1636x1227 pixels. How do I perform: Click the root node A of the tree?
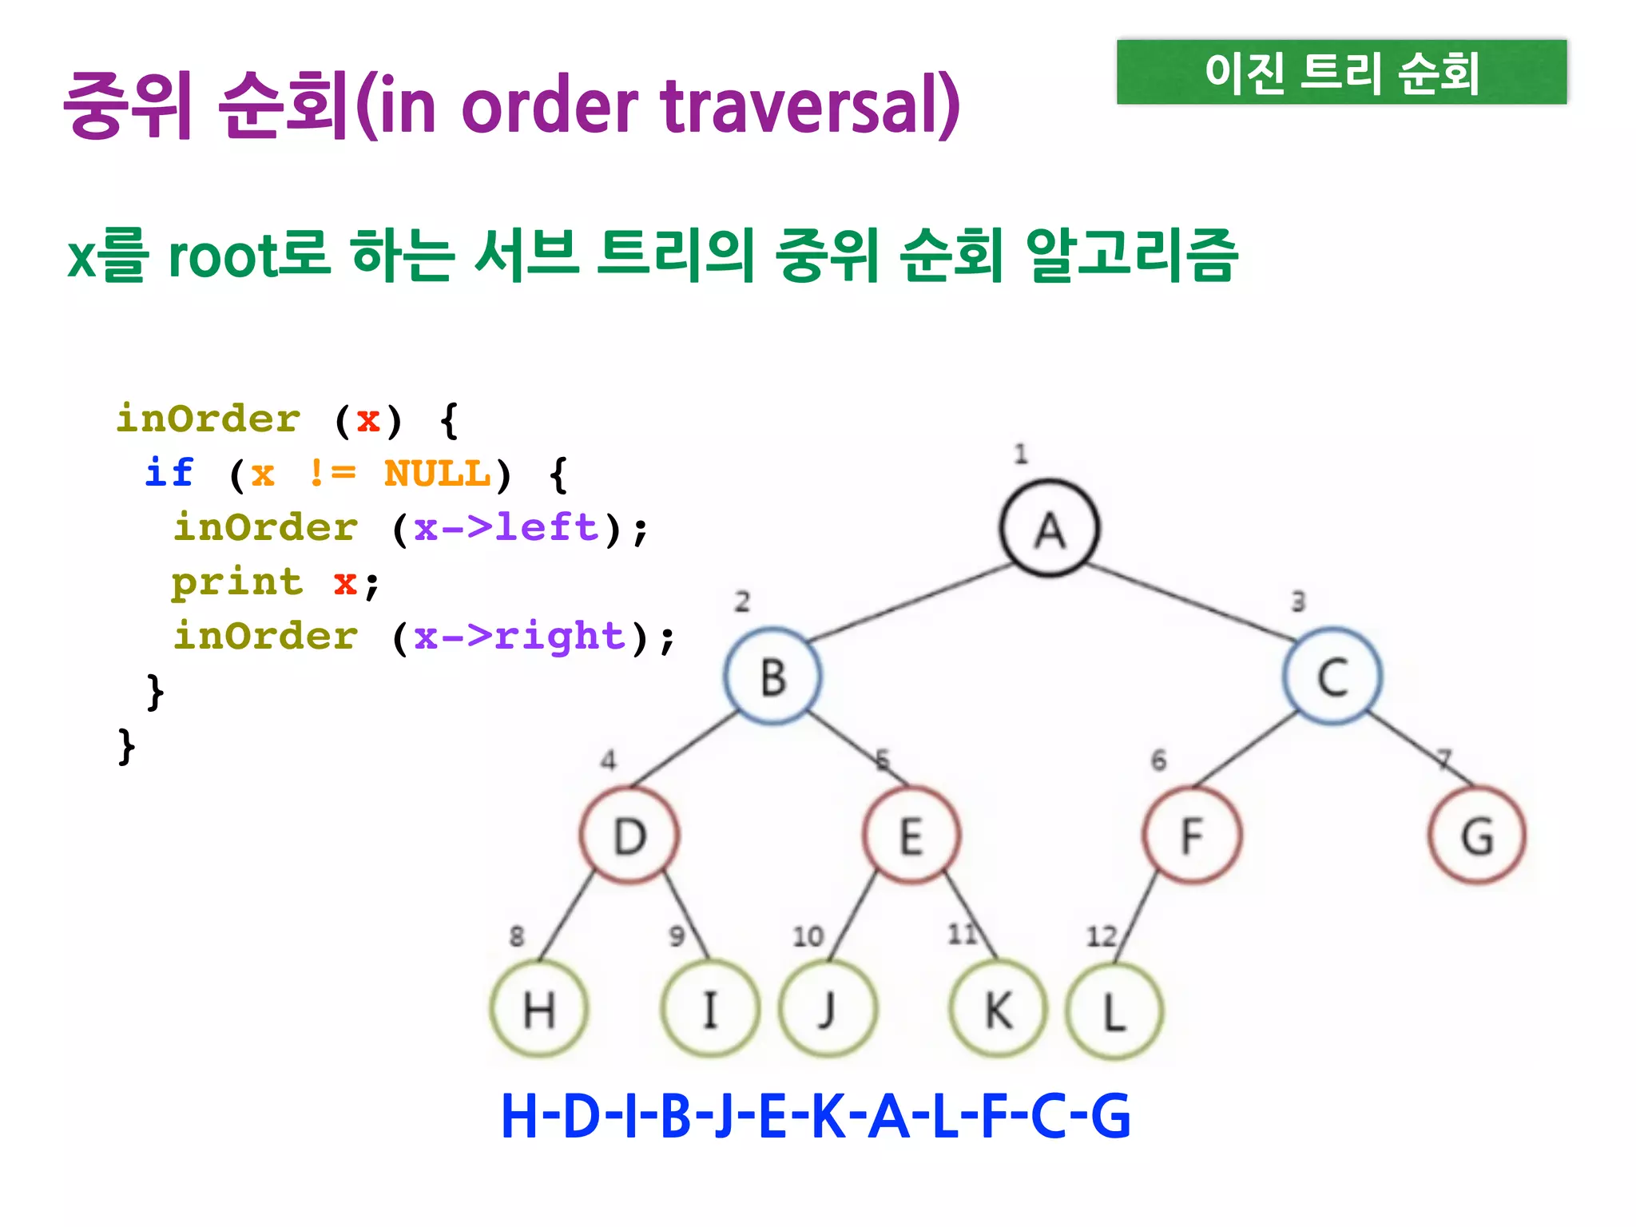pyautogui.click(x=1050, y=528)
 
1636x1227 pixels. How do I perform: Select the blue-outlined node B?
pyautogui.click(x=772, y=676)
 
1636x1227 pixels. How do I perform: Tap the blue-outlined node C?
pyautogui.click(x=1332, y=676)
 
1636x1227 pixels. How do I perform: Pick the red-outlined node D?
pyautogui.click(x=629, y=835)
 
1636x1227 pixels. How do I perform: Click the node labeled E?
pyautogui.click(x=911, y=835)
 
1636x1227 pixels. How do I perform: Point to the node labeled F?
pyautogui.click(x=1192, y=835)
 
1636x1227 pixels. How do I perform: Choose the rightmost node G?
pyautogui.click(x=1477, y=835)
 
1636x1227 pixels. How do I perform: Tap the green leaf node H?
pyautogui.click(x=539, y=1009)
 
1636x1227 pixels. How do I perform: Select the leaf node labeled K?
pyautogui.click(x=998, y=1009)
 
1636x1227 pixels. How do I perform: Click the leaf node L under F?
pyautogui.click(x=1114, y=1011)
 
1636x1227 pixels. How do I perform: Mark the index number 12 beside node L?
pyautogui.click(x=1101, y=935)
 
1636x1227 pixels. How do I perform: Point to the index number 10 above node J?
pyautogui.click(x=808, y=935)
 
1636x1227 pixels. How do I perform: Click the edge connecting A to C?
pyautogui.click(x=1190, y=602)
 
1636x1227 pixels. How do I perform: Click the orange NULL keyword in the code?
pyautogui.click(x=437, y=474)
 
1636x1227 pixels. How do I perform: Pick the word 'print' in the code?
pyautogui.click(x=237, y=582)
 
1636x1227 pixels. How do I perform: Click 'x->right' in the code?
pyautogui.click(x=519, y=637)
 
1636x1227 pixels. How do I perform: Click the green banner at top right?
pyautogui.click(x=1341, y=72)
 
